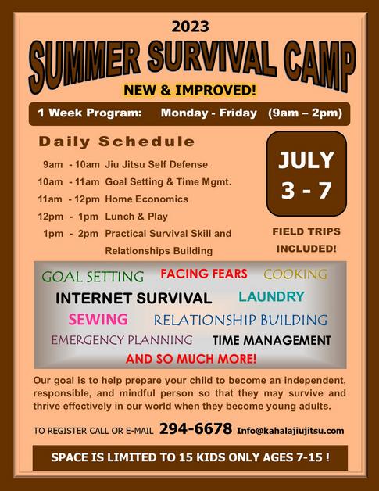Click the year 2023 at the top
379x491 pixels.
tap(190, 27)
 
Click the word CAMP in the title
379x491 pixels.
tap(320, 65)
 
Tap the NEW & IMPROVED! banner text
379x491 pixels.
tap(190, 90)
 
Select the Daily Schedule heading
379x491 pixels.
tap(116, 142)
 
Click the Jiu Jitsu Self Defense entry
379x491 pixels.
tap(156, 164)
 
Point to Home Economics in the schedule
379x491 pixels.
tap(146, 199)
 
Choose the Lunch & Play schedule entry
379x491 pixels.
tap(136, 217)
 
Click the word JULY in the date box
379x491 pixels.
tap(306, 160)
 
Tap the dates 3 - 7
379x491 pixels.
tap(306, 190)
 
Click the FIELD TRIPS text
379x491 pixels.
tap(306, 231)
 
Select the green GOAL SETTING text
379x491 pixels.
tap(93, 277)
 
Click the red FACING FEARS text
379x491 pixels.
tap(204, 274)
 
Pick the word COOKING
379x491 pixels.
tap(295, 274)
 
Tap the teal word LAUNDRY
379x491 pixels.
tap(271, 296)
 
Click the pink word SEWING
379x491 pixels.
tap(98, 320)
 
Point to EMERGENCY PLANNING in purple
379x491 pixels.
tap(122, 340)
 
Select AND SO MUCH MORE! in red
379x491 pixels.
tap(191, 359)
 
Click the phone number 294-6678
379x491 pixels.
tap(195, 428)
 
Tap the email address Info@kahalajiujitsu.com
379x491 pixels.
tap(291, 431)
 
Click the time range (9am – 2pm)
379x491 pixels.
tap(305, 113)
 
